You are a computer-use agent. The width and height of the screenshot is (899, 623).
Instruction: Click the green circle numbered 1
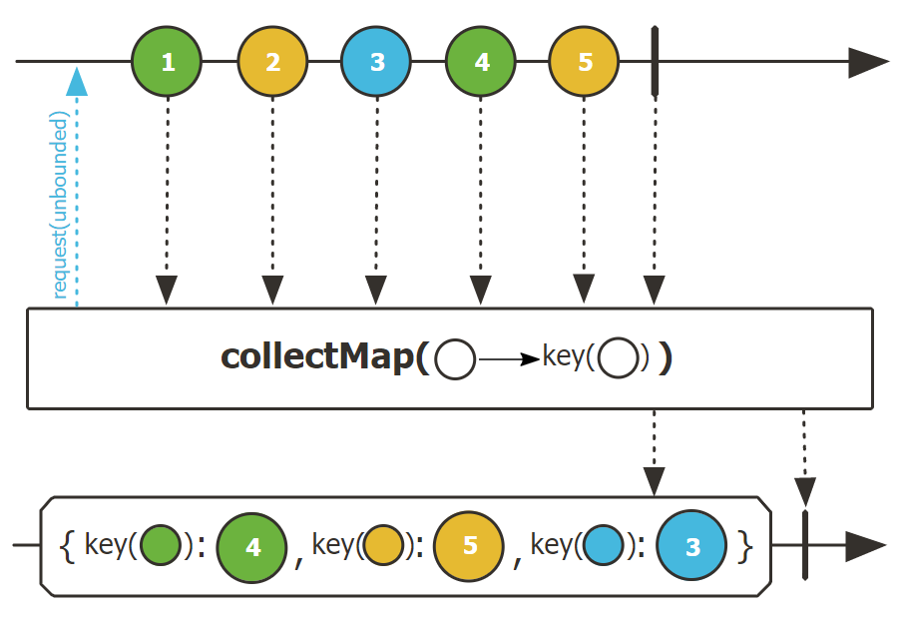click(x=168, y=62)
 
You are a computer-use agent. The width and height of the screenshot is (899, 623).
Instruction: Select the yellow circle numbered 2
click(x=272, y=62)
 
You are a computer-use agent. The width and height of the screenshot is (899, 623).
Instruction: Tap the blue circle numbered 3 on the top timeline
click(x=376, y=62)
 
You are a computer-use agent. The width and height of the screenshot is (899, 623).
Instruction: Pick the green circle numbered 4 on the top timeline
click(x=481, y=62)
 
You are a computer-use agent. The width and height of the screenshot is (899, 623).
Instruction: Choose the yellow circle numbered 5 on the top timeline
click(x=585, y=62)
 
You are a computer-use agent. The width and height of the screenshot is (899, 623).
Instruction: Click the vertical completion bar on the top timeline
click(x=655, y=62)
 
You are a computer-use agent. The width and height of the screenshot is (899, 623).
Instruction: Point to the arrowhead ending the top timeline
click(x=867, y=62)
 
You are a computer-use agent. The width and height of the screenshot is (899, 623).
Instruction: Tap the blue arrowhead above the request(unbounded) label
click(x=77, y=82)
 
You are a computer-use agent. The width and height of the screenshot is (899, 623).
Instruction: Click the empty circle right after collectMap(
click(x=456, y=359)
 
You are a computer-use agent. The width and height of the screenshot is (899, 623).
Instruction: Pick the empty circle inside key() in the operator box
click(x=619, y=358)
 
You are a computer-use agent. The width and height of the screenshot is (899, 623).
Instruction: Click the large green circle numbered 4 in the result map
click(x=252, y=546)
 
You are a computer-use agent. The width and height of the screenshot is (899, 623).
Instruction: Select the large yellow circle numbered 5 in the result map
click(x=470, y=546)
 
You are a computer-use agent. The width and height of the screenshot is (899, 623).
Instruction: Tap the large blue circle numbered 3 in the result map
click(x=692, y=546)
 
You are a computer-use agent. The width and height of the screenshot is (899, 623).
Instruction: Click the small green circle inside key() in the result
click(x=161, y=546)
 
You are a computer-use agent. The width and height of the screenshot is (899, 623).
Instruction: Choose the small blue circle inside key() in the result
click(x=604, y=546)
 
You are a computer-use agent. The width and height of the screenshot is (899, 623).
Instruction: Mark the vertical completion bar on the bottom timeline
click(x=804, y=546)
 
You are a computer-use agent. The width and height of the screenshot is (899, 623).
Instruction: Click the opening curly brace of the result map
click(x=68, y=546)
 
